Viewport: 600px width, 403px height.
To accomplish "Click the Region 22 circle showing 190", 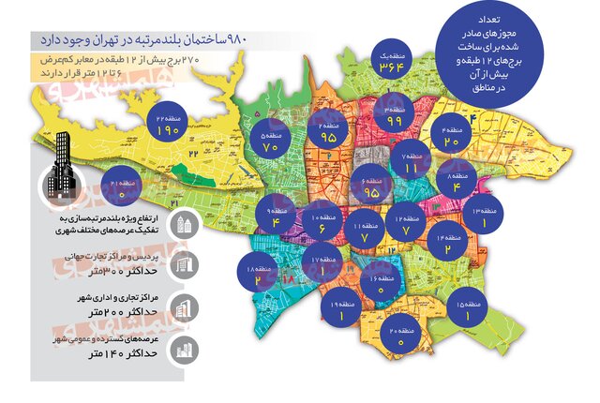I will click(168, 126).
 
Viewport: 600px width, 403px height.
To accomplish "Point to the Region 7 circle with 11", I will click(410, 164).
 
